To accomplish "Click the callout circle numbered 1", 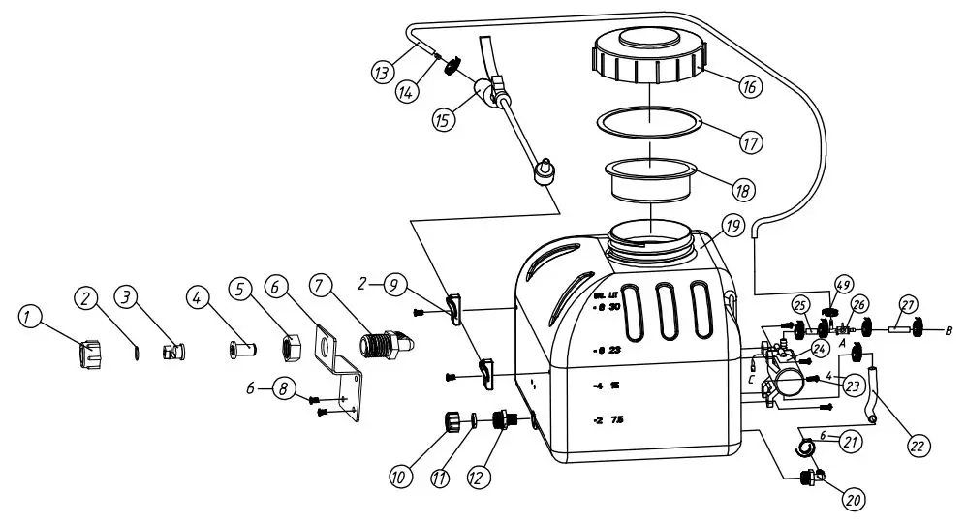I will (30, 315).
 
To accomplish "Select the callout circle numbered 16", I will (746, 86).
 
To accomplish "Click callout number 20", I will (852, 500).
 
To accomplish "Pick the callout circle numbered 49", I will (843, 285).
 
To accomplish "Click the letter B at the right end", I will (950, 330).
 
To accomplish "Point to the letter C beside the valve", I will (751, 380).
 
